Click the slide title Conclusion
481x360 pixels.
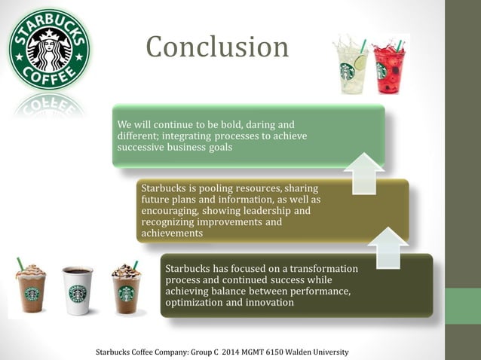(217, 47)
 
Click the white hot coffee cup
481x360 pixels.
(77, 290)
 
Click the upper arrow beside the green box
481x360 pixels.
(364, 172)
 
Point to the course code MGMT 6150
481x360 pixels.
(266, 352)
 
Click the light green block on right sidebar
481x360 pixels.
(462, 306)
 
